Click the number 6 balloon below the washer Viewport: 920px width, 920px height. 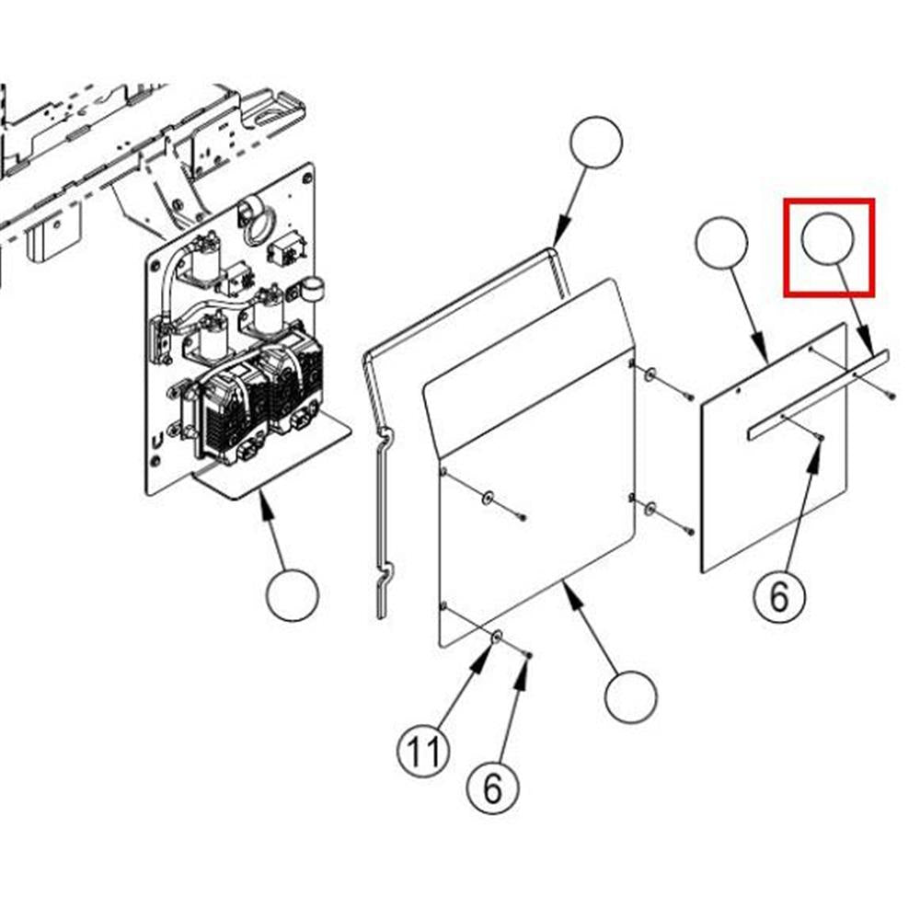click(x=493, y=788)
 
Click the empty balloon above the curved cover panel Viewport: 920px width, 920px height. click(x=596, y=142)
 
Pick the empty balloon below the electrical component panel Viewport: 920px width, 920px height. click(x=293, y=595)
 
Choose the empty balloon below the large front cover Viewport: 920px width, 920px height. click(x=631, y=696)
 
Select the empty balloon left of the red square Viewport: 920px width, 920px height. click(x=721, y=243)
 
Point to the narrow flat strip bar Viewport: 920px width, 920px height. click(x=819, y=395)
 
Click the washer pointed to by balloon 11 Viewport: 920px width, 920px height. click(x=497, y=637)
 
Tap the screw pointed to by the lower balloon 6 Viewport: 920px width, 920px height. click(x=529, y=655)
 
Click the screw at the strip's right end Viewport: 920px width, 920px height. click(x=891, y=397)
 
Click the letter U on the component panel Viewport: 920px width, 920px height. click(x=157, y=440)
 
